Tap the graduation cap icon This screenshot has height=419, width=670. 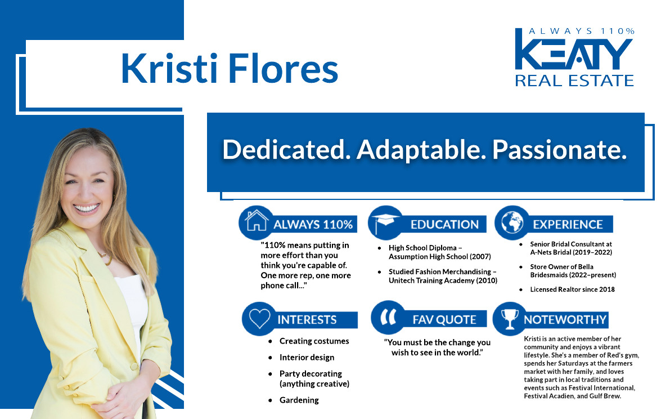[x=385, y=223]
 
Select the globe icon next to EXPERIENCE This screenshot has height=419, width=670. [x=512, y=222]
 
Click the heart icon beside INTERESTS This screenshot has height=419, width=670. [x=259, y=319]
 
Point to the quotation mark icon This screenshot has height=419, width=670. [x=388, y=317]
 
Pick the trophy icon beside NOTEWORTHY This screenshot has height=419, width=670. [x=509, y=319]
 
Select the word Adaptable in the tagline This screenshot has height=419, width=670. [x=421, y=150]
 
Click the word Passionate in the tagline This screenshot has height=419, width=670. [x=559, y=150]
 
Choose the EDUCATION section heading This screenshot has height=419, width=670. [x=444, y=225]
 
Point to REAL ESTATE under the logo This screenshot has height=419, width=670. [x=574, y=81]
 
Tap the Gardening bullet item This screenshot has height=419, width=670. [x=299, y=400]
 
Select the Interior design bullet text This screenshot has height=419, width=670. [x=307, y=358]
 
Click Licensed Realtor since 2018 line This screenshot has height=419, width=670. [x=572, y=289]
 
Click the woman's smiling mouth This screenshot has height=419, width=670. [x=87, y=208]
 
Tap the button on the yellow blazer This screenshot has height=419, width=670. [x=134, y=367]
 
